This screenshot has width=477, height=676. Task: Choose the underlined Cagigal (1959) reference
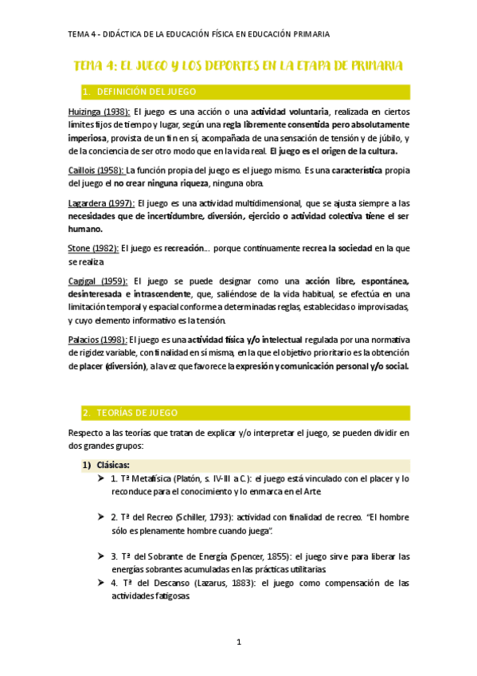99,281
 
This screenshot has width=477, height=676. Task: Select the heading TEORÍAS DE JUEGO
142,412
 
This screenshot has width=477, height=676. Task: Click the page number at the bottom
239,642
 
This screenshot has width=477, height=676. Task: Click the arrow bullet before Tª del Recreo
100,517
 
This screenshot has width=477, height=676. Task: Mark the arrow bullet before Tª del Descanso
100,583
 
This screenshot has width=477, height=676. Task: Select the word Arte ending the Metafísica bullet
313,492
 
